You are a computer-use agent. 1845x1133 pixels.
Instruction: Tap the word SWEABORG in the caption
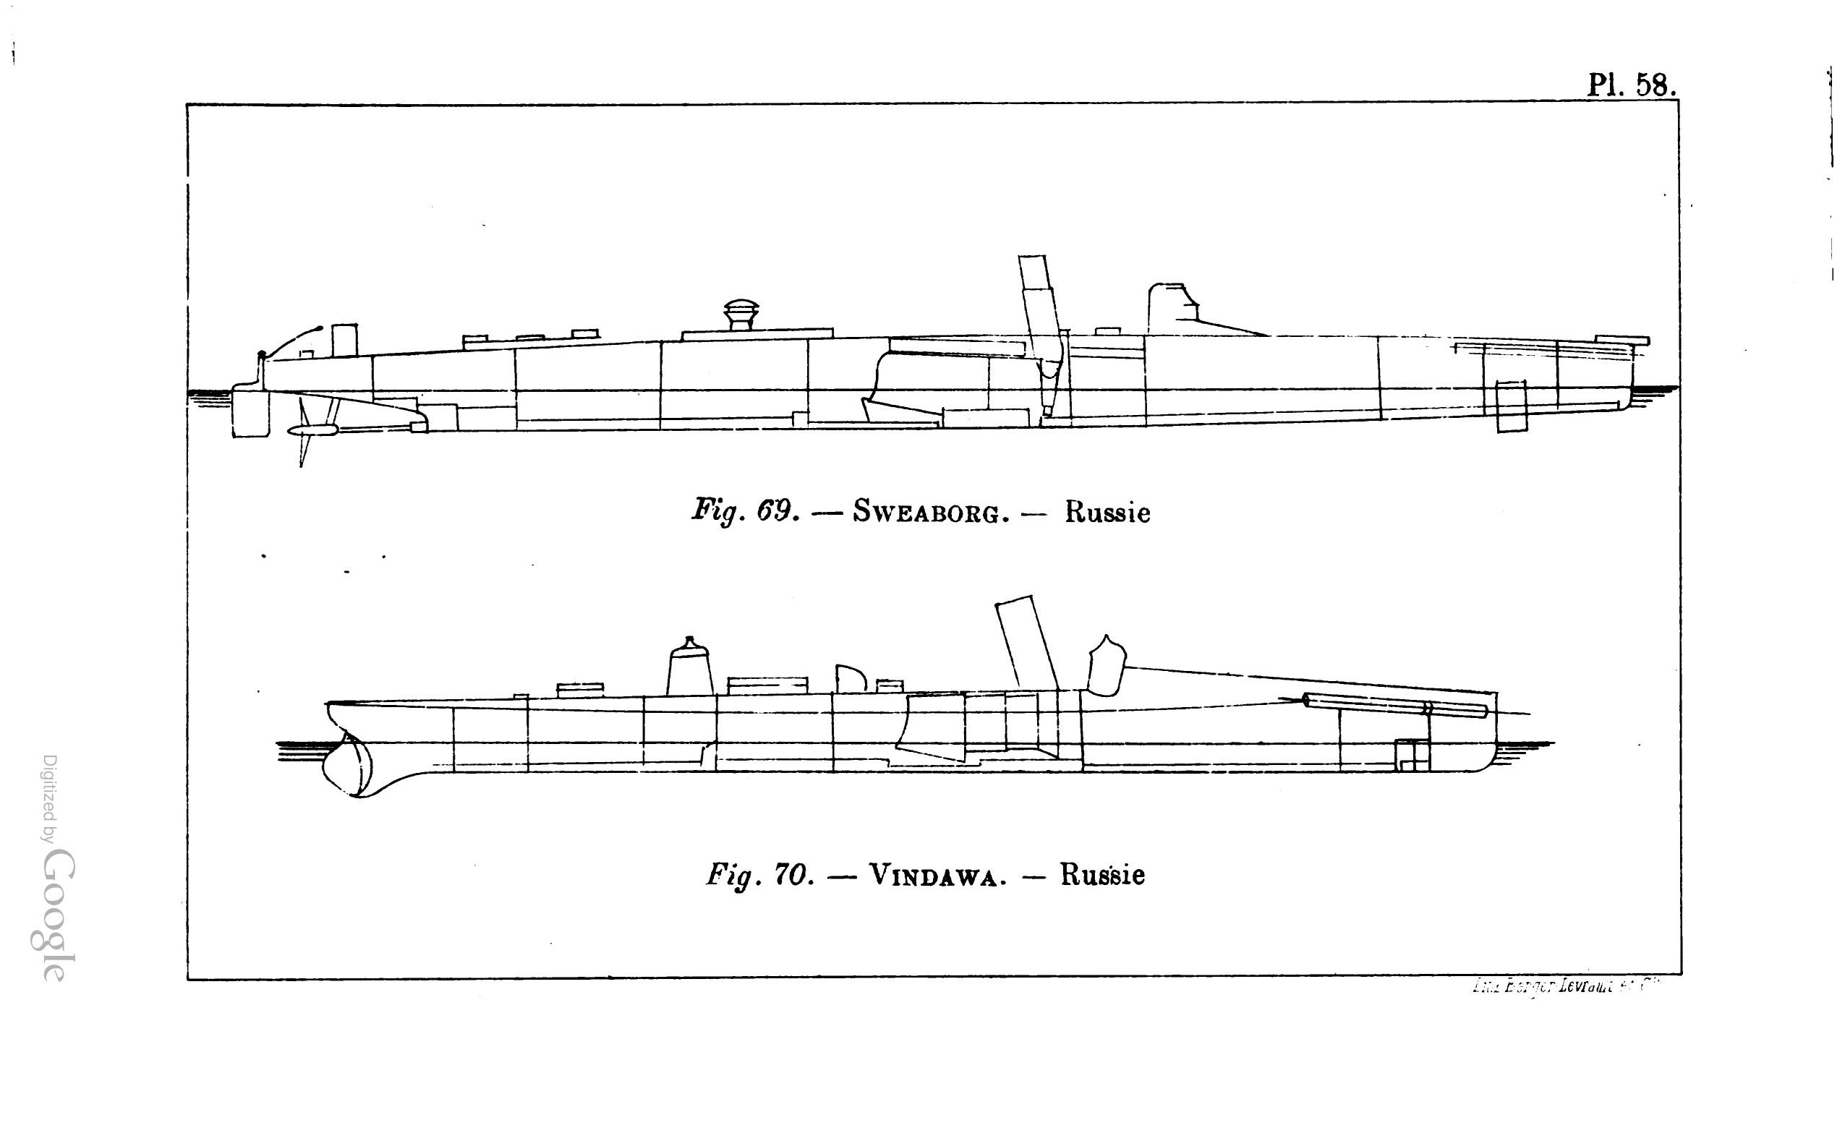[927, 514]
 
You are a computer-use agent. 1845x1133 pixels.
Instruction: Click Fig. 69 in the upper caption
[745, 513]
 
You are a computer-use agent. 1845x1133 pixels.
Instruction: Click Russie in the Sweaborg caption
[1107, 513]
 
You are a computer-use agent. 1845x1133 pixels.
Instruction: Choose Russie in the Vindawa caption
[1102, 875]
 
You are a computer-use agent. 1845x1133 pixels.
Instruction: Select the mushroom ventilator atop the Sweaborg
[741, 314]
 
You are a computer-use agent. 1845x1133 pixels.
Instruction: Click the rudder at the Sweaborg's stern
[250, 411]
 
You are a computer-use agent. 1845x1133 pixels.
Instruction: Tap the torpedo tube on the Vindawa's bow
[1394, 706]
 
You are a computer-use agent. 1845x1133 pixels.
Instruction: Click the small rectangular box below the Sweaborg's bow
[1511, 406]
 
